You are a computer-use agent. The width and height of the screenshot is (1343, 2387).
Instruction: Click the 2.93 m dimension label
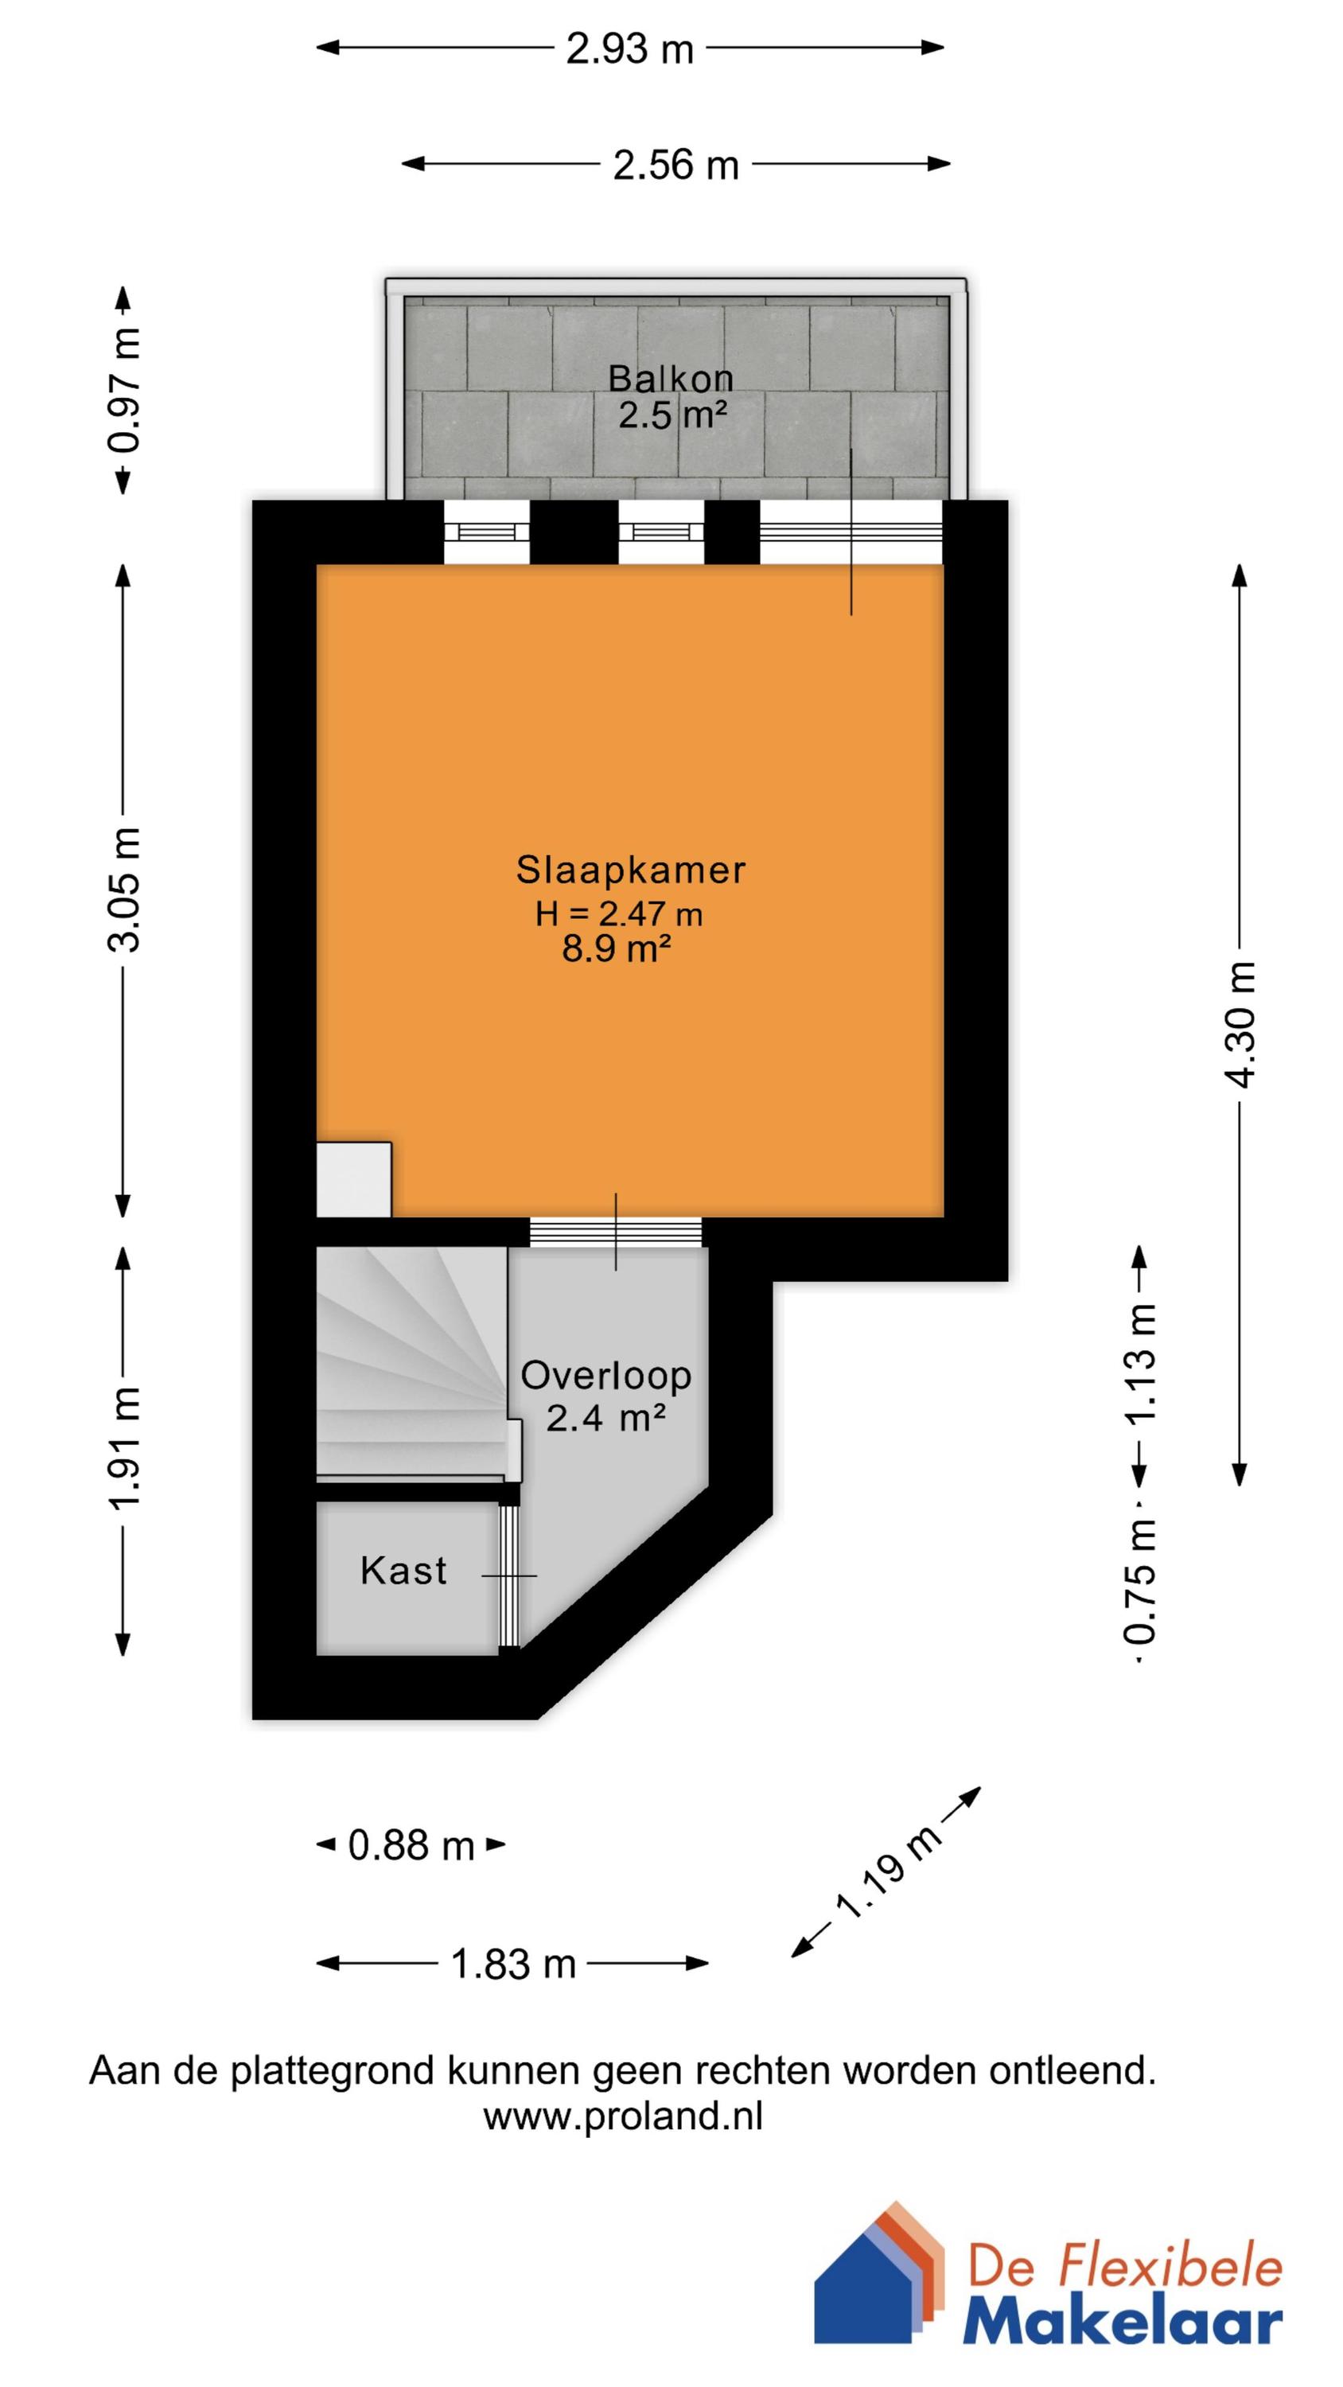630,49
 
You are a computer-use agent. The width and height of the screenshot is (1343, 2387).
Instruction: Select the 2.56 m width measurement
675,165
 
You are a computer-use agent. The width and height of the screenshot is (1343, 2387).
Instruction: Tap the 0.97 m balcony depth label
123,390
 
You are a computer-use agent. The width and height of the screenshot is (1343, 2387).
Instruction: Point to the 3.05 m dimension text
123,890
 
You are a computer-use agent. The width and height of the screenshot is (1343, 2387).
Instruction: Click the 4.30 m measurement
1240,1024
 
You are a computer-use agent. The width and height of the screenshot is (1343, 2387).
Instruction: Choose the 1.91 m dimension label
123,1448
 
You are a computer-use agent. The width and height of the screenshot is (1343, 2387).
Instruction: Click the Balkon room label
670,378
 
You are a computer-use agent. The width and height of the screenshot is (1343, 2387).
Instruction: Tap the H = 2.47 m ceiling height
618,914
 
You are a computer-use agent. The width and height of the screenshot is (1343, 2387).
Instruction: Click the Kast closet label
403,1571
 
